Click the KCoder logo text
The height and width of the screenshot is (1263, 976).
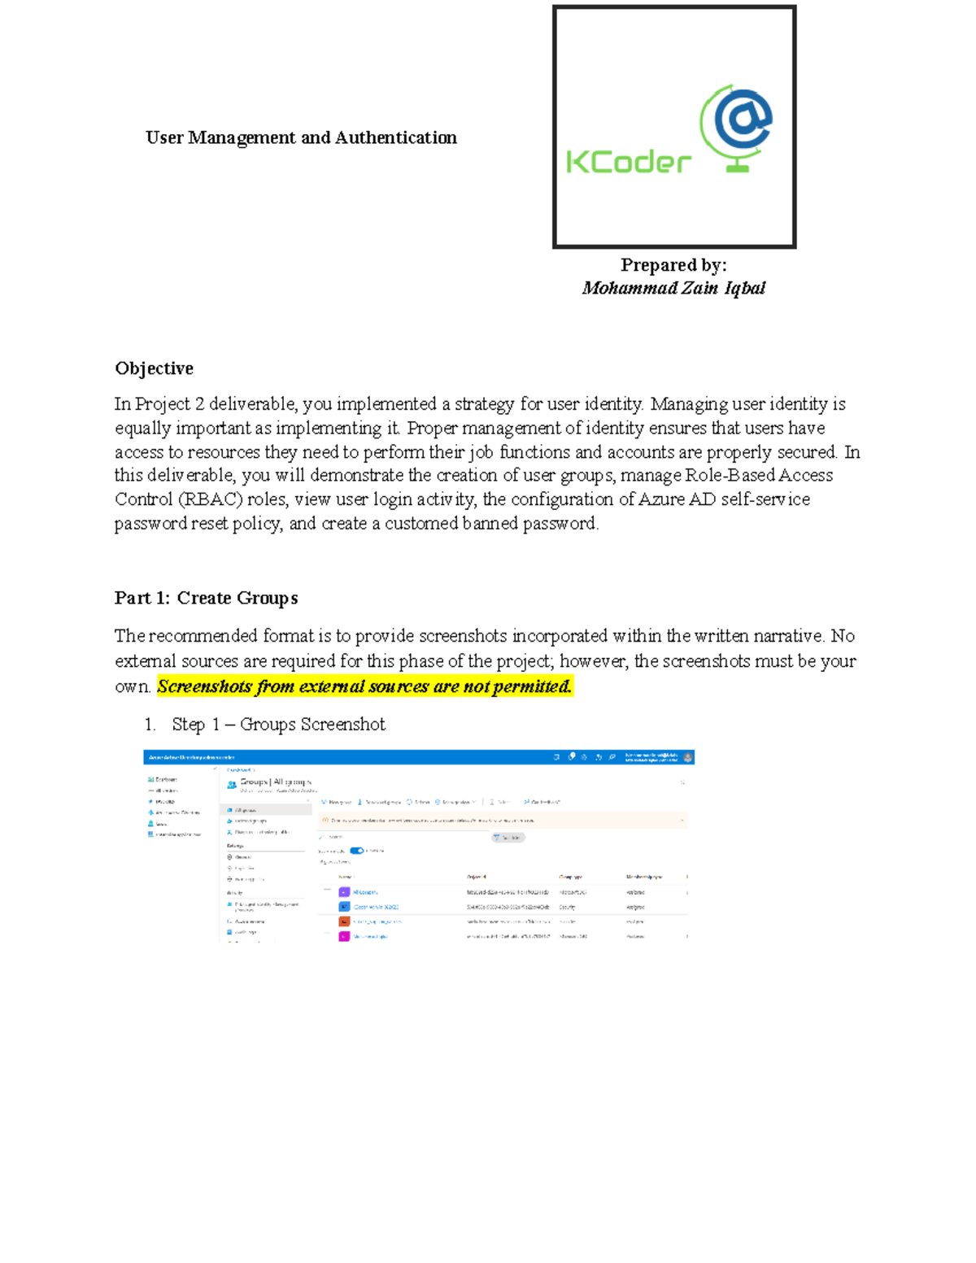[628, 161]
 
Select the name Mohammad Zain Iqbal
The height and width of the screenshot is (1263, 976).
[673, 288]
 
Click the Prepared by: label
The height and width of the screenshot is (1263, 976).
[673, 265]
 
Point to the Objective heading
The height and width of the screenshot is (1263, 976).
[154, 368]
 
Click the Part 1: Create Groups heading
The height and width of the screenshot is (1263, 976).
[206, 598]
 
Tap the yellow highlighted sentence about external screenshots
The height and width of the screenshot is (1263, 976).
[364, 686]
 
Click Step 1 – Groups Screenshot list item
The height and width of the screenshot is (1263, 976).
[278, 724]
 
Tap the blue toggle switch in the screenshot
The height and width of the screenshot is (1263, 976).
[356, 851]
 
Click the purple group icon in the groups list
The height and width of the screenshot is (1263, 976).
[344, 892]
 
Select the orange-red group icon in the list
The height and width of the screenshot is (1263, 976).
[344, 921]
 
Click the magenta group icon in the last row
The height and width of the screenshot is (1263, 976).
[344, 936]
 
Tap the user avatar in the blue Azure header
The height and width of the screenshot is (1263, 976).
[688, 757]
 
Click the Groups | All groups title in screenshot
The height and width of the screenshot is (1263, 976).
[275, 782]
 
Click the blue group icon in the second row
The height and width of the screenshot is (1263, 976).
[344, 907]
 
